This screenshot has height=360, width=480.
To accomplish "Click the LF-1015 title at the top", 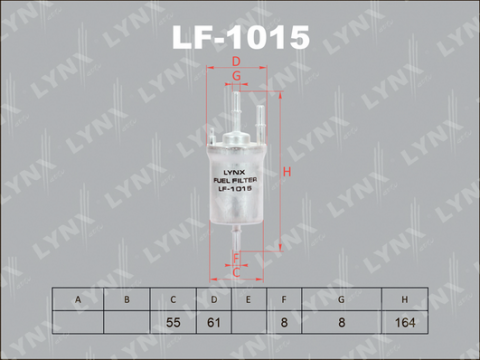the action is point(241,38).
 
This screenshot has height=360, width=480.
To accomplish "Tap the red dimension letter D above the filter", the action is point(236,62).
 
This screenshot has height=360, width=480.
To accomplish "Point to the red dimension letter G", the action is point(236,76).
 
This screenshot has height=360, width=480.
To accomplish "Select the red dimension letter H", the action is point(287,172).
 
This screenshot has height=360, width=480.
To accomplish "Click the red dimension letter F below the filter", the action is point(236,258).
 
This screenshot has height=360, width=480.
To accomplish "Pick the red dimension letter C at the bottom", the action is point(236,273).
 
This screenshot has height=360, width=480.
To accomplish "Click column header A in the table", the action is point(78,300).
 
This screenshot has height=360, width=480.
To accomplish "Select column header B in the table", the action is point(127,300).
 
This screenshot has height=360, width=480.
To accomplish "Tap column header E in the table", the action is point(248,300).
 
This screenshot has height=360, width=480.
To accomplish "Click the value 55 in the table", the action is point(173,322).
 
